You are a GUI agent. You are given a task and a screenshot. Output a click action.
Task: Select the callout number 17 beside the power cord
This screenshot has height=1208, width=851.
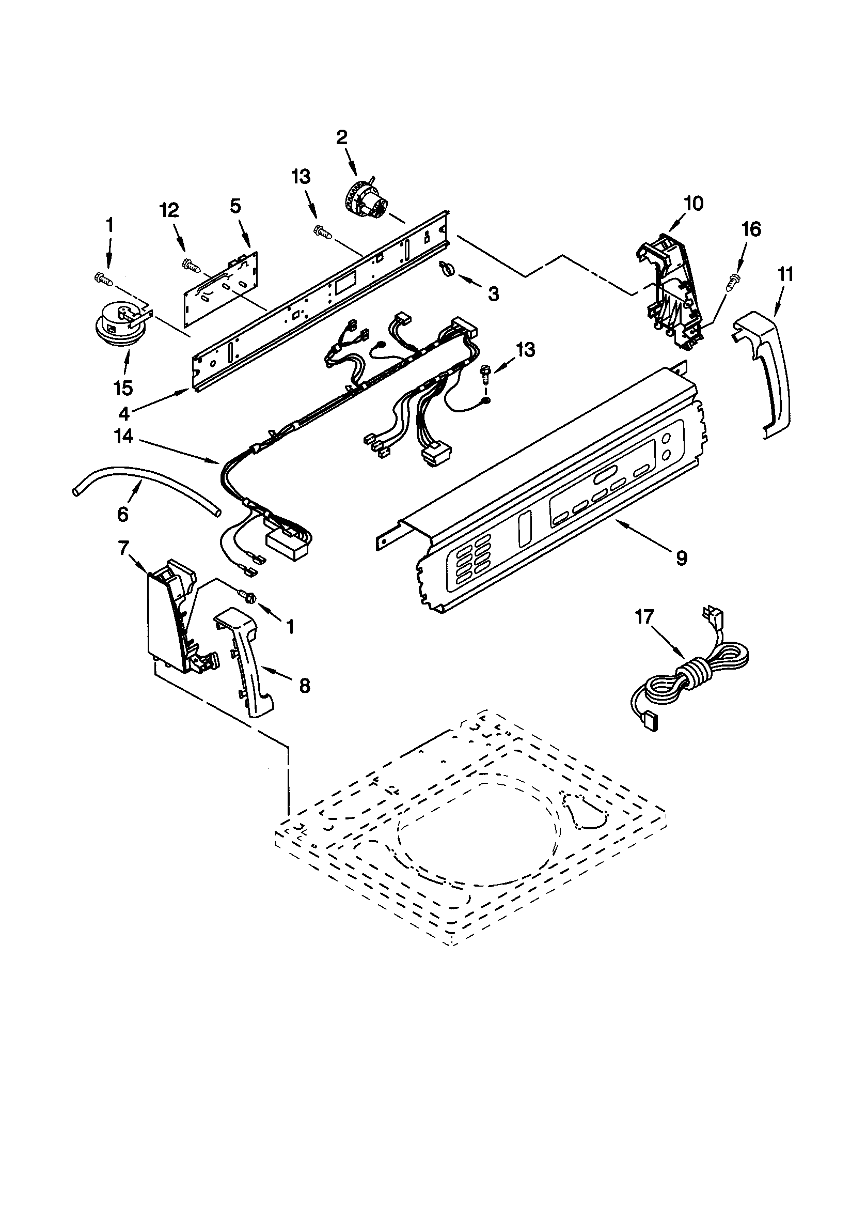pos(645,616)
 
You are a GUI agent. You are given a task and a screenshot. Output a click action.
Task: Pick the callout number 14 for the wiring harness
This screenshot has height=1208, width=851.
pos(123,436)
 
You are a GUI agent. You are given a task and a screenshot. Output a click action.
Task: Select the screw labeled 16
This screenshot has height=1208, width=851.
pos(732,283)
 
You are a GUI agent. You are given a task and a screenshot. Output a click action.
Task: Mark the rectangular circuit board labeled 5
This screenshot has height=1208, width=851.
pos(221,292)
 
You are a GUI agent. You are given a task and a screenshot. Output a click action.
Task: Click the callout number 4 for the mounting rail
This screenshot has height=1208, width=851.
pos(123,414)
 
